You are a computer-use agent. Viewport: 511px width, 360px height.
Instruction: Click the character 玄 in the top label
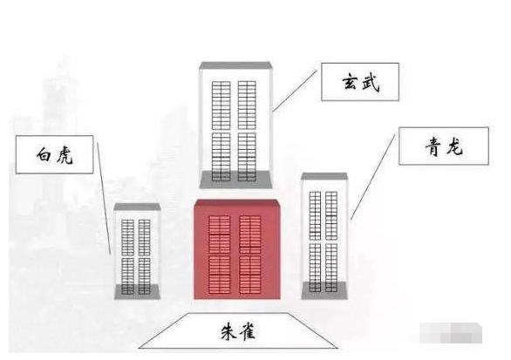coord(350,82)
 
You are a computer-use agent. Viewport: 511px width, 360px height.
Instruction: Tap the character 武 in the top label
coord(371,83)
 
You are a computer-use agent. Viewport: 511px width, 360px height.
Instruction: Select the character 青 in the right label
coord(433,146)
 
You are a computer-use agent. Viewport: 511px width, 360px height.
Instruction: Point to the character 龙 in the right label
coord(454,146)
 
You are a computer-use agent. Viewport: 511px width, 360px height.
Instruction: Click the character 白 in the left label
coord(44,154)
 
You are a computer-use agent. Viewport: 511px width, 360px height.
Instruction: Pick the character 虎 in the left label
coord(65,155)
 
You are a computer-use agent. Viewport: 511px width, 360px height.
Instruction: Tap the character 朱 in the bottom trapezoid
coord(228,331)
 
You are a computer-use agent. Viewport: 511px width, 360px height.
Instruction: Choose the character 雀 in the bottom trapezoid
coord(247,331)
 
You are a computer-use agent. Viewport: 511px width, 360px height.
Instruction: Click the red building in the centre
coord(237,249)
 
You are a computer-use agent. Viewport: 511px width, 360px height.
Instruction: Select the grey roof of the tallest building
coord(235,65)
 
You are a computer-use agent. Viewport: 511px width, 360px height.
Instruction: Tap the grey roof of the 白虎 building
coord(137,207)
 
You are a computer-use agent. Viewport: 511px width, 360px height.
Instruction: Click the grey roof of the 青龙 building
coord(324,176)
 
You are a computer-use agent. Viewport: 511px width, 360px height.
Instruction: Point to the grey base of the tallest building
coord(235,180)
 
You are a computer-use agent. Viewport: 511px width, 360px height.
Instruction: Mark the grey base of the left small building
coord(137,292)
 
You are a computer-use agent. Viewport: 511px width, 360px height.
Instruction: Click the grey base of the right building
coord(324,290)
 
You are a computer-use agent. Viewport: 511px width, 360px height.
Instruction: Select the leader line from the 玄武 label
coord(295,91)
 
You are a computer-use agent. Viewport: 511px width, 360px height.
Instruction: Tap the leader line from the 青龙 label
coord(373,176)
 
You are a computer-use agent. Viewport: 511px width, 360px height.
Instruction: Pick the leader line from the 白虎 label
coord(105,199)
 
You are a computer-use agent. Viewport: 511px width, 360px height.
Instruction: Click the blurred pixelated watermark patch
coord(450,333)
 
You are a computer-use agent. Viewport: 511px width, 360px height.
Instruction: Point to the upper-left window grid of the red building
coord(220,234)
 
